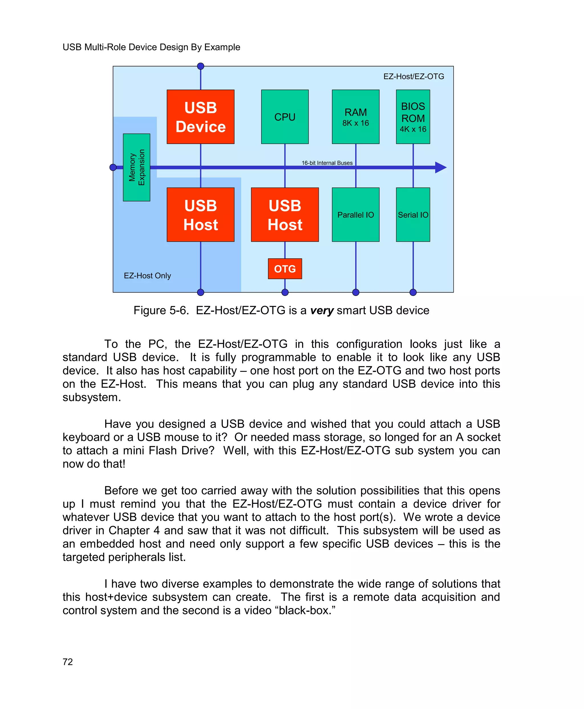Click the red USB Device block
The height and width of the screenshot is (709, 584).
click(x=200, y=117)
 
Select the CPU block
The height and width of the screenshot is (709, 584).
click(x=285, y=117)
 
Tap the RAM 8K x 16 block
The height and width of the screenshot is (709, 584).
click(x=355, y=117)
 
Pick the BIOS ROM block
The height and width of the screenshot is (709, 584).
click(x=413, y=117)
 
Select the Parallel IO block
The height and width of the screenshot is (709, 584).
click(x=355, y=215)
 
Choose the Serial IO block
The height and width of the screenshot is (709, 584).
click(x=413, y=215)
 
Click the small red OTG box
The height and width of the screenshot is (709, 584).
click(x=285, y=269)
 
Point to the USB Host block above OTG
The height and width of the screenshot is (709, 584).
click(x=285, y=215)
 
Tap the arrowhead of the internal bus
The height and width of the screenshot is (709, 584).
click(x=441, y=167)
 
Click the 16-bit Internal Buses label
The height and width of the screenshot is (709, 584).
click(x=327, y=163)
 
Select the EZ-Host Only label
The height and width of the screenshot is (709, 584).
click(x=147, y=275)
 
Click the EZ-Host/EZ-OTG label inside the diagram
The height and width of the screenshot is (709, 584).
click(x=413, y=76)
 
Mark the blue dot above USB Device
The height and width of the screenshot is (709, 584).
click(x=200, y=66)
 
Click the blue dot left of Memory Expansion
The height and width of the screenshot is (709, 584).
click(x=113, y=167)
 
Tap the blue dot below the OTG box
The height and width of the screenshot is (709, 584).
click(x=285, y=292)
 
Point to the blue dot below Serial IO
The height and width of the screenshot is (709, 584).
click(x=413, y=292)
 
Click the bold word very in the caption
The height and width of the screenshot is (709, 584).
click(x=322, y=310)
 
